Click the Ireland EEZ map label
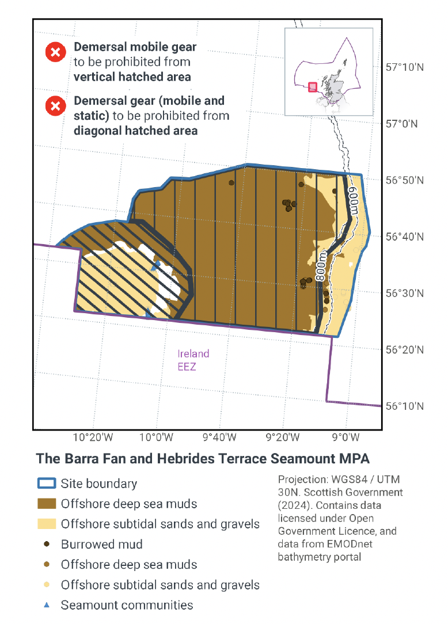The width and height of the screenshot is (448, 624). point(193,360)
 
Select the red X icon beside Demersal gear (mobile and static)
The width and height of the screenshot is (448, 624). point(55,106)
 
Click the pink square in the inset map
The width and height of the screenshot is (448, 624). point(312,86)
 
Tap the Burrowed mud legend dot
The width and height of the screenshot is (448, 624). point(47,544)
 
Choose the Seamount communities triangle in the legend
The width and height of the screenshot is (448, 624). point(47,604)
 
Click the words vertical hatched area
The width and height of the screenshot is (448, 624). point(132,76)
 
